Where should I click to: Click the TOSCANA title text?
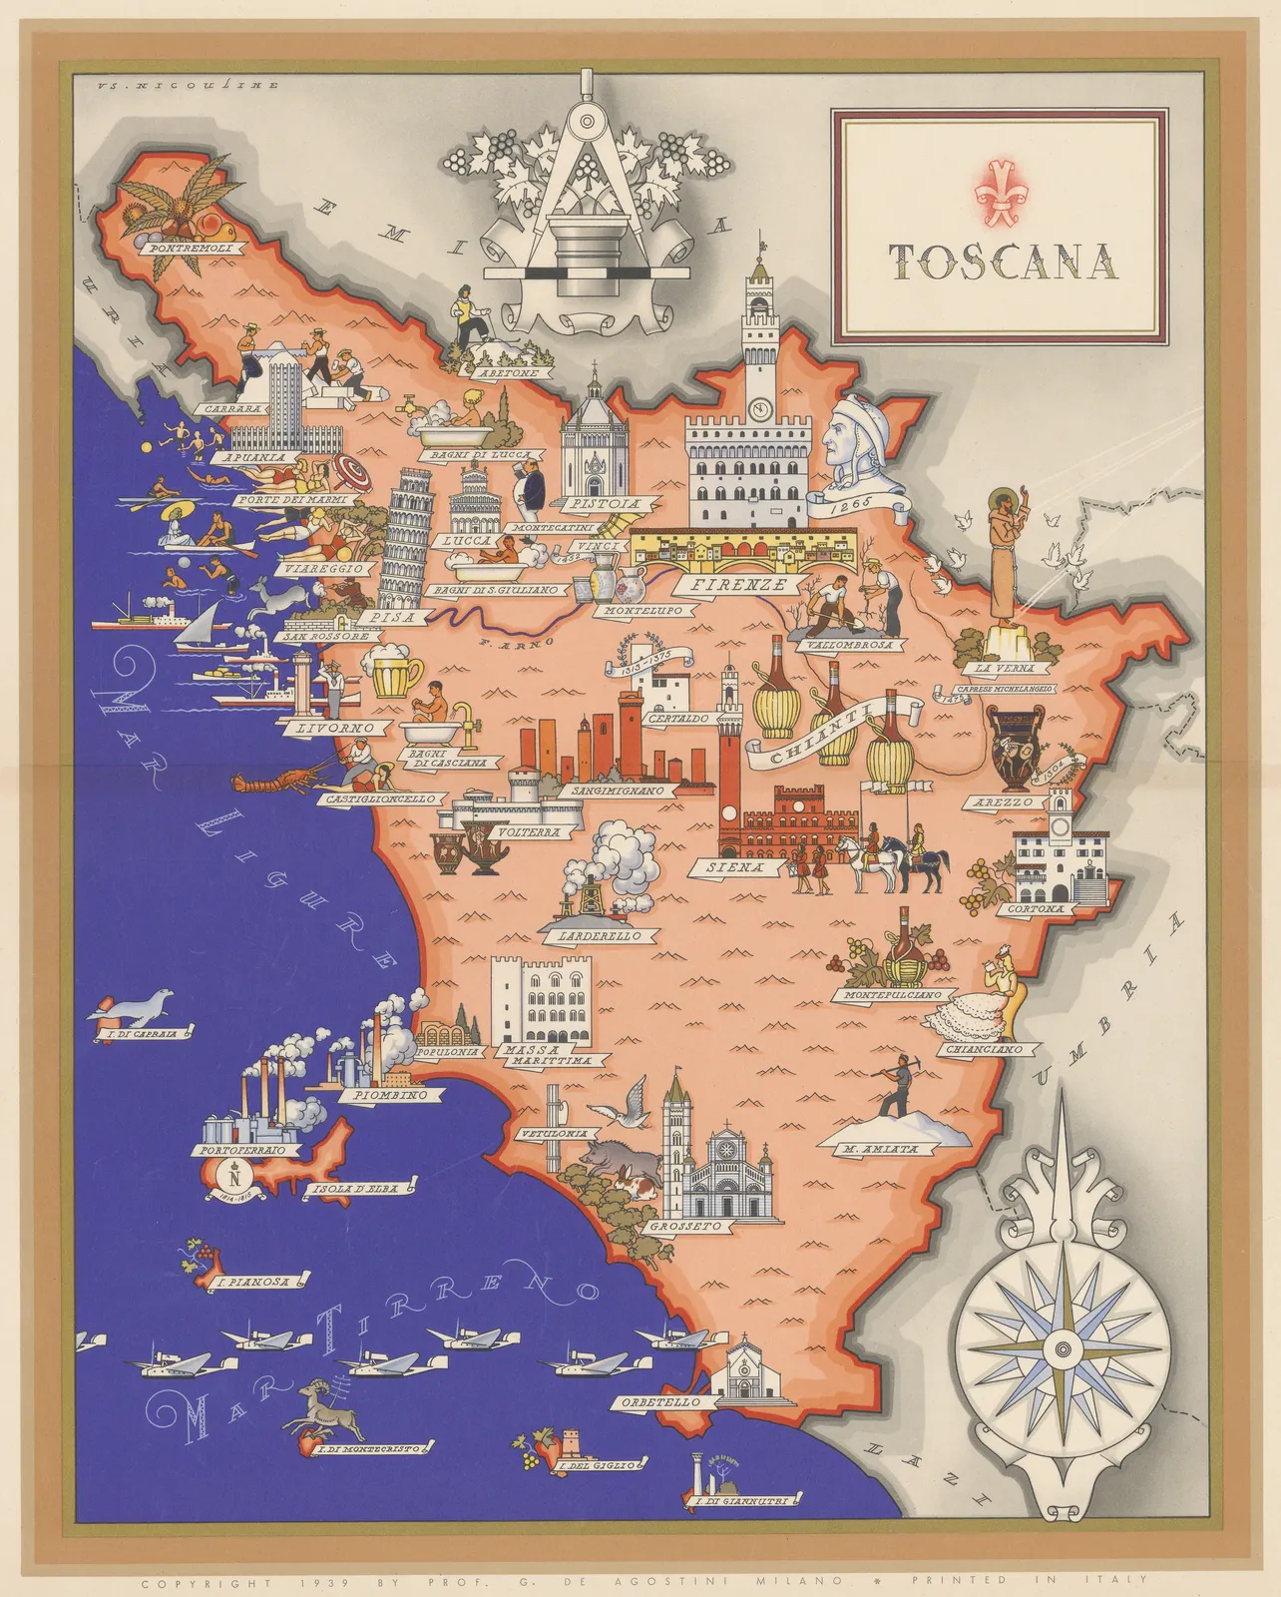click(x=1002, y=262)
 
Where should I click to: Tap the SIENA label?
click(x=735, y=867)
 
